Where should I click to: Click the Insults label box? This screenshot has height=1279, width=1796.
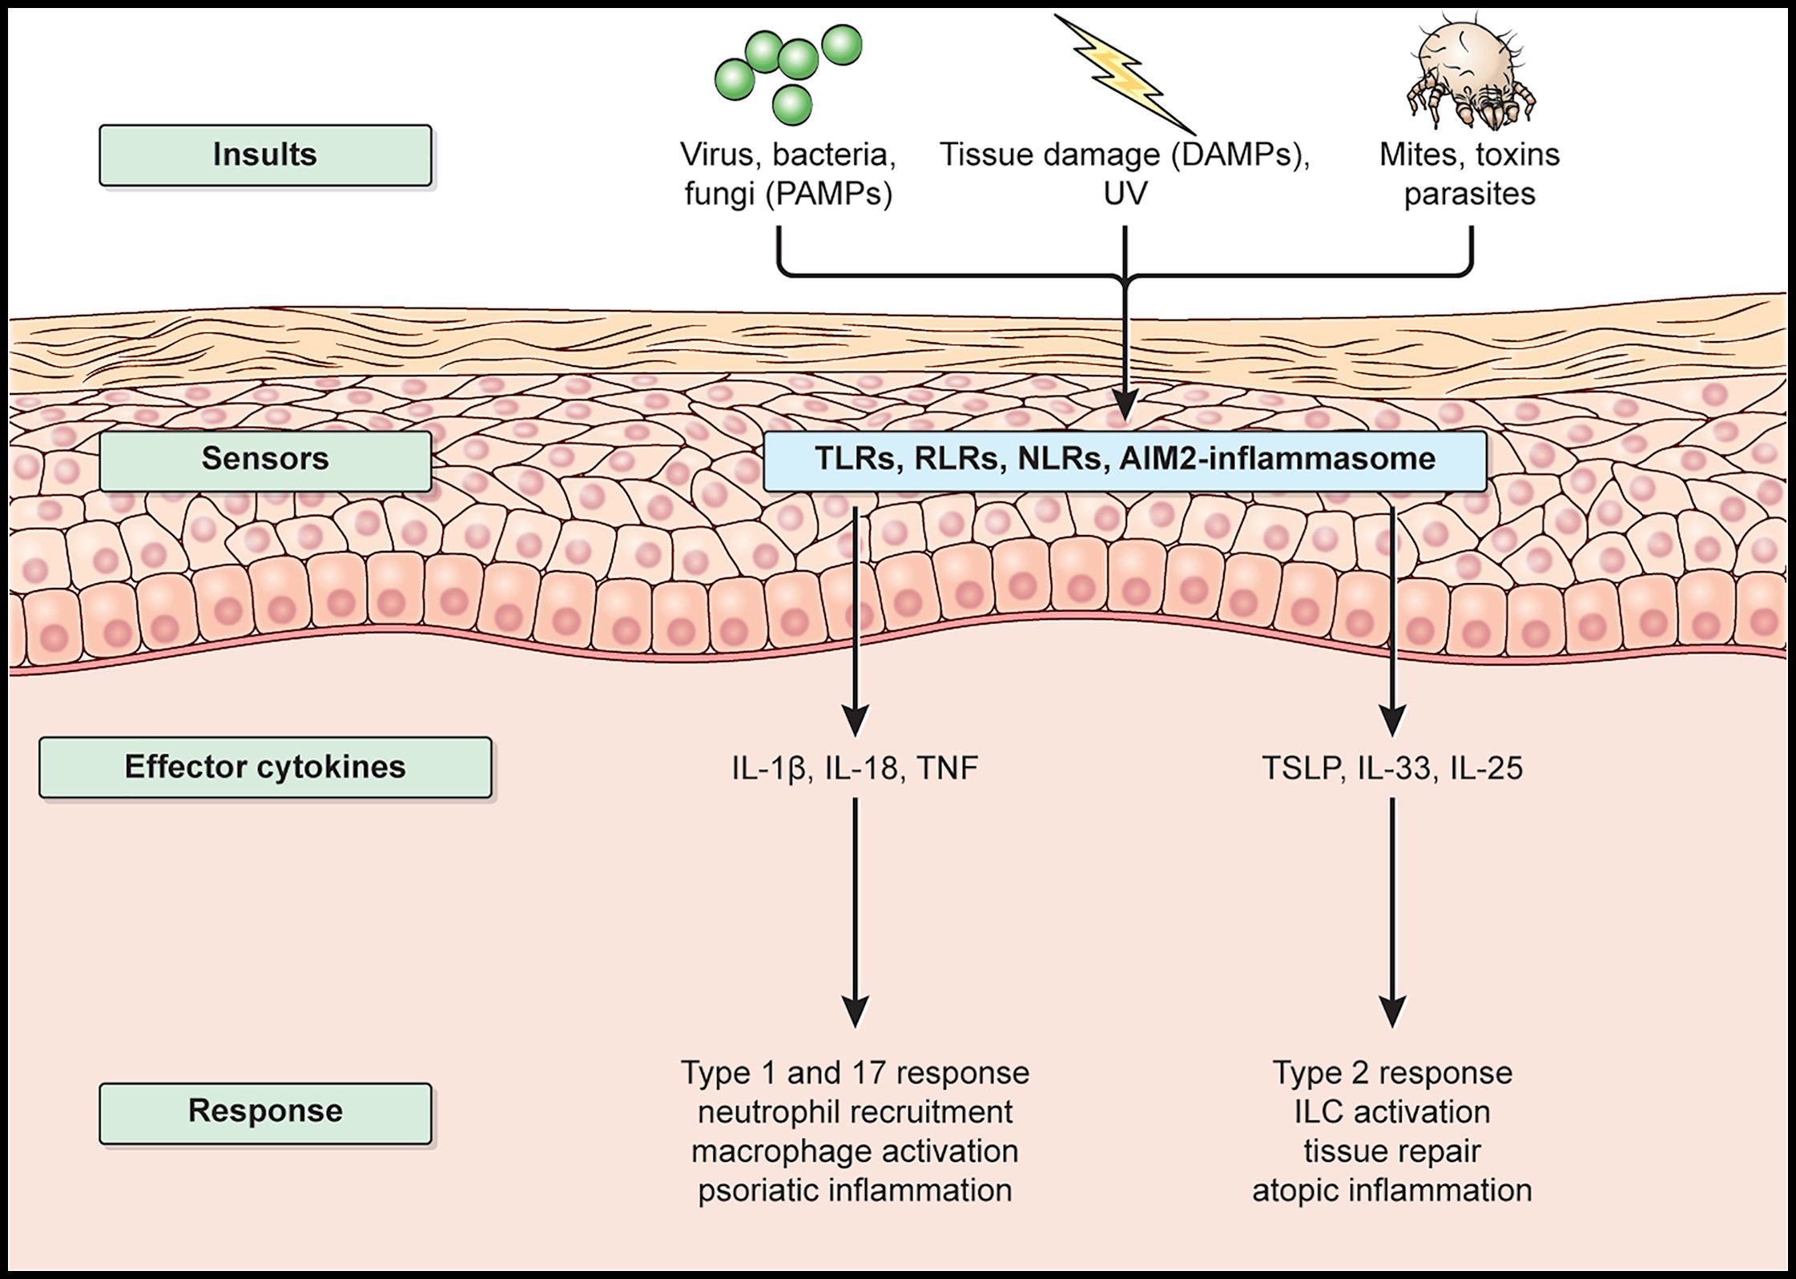[265, 155]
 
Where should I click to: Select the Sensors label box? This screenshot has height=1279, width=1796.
[265, 460]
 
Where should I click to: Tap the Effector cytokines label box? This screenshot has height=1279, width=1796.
[265, 767]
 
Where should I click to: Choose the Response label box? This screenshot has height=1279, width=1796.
[265, 1112]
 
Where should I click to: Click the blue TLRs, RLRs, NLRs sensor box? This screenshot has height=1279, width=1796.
[1125, 461]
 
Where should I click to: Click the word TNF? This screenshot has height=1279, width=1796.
[947, 769]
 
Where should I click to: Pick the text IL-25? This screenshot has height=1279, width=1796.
[1486, 769]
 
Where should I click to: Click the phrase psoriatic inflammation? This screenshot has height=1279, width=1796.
[855, 1191]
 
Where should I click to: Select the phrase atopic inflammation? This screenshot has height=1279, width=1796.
[1392, 1191]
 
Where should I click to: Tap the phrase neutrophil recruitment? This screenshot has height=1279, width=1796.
[855, 1112]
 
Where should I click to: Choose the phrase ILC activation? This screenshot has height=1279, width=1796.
[1392, 1112]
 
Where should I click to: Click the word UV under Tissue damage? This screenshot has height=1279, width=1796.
[1125, 194]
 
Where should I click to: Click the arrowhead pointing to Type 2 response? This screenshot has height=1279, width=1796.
[1392, 1012]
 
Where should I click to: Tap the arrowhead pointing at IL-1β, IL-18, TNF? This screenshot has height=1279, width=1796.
[856, 720]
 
